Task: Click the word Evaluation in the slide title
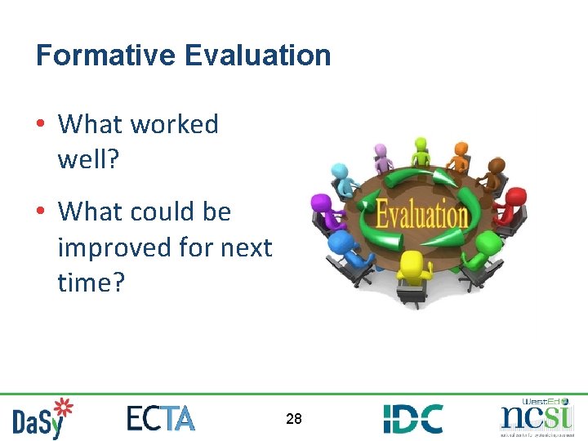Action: point(257,56)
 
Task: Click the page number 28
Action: point(294,419)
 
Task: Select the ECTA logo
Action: point(161,418)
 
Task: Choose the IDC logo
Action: point(413,418)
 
